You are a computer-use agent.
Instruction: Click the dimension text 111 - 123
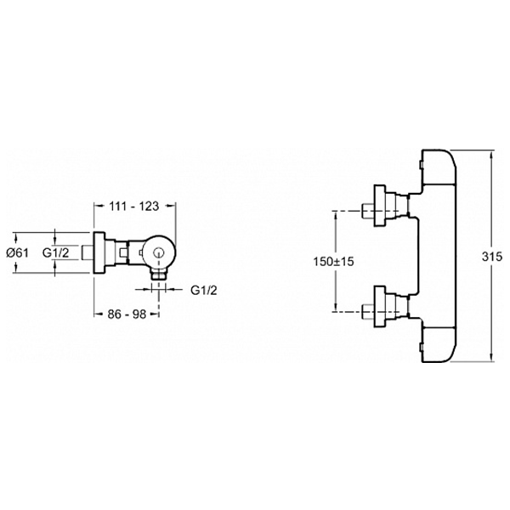pyautogui.click(x=134, y=205)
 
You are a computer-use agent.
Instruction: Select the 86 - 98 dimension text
pyautogui.click(x=124, y=314)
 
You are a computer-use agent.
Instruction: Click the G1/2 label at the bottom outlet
pyautogui.click(x=204, y=290)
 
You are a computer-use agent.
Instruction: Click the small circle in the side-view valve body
pyautogui.click(x=158, y=252)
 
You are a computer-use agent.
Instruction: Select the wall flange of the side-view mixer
pyautogui.click(x=99, y=252)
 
